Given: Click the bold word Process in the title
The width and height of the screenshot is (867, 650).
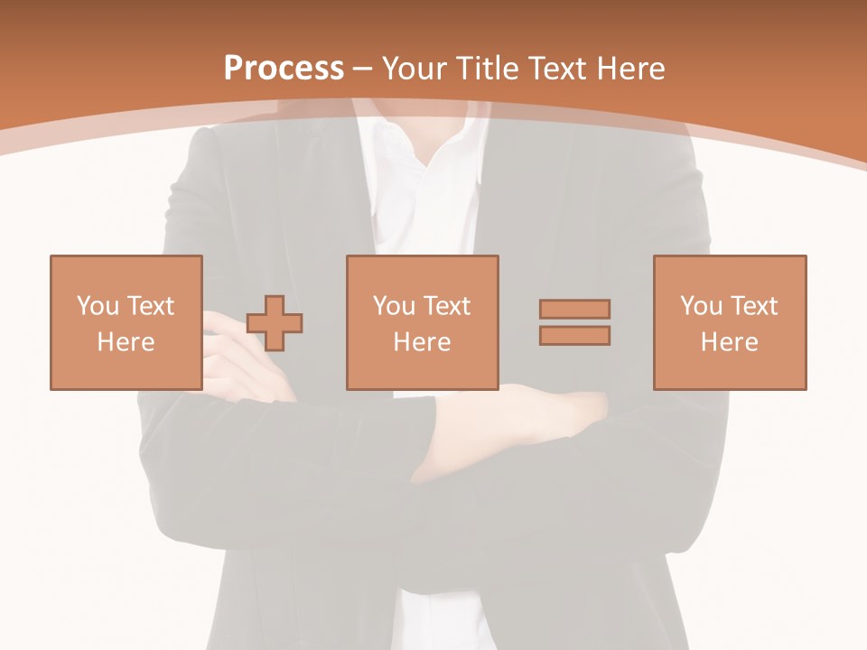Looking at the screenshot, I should pos(284,69).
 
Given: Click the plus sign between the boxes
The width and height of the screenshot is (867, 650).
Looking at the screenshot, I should pos(275,323).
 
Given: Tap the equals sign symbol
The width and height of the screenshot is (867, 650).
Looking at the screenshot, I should pos(574,322).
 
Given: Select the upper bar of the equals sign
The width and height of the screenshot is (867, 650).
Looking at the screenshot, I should pos(574,309).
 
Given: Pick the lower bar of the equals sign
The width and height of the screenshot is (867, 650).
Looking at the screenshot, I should pos(574,336).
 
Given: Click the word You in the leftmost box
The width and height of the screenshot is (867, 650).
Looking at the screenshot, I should pos(97,306).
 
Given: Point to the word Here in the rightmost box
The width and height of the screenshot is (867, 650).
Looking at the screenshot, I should pos(729,342).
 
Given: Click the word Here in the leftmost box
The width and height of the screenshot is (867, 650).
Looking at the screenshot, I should pos(126,342).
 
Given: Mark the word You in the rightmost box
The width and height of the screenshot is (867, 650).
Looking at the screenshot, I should pos(701,306).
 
